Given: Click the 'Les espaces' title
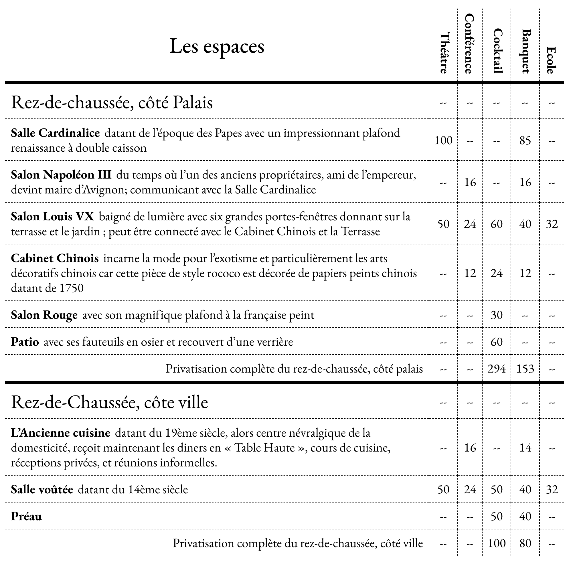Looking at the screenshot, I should click(x=217, y=47).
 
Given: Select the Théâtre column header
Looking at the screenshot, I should click(x=444, y=53).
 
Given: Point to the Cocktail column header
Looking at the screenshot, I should click(x=497, y=51).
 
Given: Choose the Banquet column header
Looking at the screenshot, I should click(x=526, y=51).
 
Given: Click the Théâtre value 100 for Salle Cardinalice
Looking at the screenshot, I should click(x=444, y=140).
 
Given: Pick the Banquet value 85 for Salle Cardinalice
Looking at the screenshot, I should click(x=525, y=140).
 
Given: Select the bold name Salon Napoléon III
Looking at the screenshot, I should click(x=61, y=175).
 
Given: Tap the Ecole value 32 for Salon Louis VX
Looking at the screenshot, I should click(x=552, y=224).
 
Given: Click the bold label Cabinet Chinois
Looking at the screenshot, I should click(x=55, y=258).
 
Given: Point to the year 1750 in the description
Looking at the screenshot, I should click(x=72, y=288).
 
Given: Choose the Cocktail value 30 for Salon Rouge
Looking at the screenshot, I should click(x=497, y=315).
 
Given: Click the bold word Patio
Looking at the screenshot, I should click(x=25, y=342).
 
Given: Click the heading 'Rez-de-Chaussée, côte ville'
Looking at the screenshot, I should click(x=110, y=402).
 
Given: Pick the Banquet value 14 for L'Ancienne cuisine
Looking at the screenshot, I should click(x=525, y=448).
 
